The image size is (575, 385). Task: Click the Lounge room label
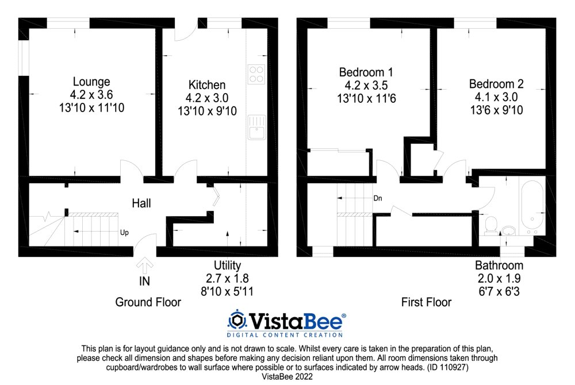point(91,82)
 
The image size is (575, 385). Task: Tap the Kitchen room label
point(206,85)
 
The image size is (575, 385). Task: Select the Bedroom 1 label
point(366,72)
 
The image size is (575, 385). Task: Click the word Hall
point(141,203)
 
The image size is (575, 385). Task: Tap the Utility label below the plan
point(227,265)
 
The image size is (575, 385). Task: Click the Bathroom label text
point(499,265)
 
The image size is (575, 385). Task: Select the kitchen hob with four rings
point(256,74)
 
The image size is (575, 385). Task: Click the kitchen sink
point(256,127)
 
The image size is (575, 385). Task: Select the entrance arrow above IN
point(144,265)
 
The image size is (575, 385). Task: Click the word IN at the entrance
point(144,282)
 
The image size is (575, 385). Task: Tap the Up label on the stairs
point(124,233)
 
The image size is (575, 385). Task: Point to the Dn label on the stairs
point(378,198)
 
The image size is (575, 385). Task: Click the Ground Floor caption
point(148,302)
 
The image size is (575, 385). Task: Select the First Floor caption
point(426,302)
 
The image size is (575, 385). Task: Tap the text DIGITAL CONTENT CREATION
point(285,334)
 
